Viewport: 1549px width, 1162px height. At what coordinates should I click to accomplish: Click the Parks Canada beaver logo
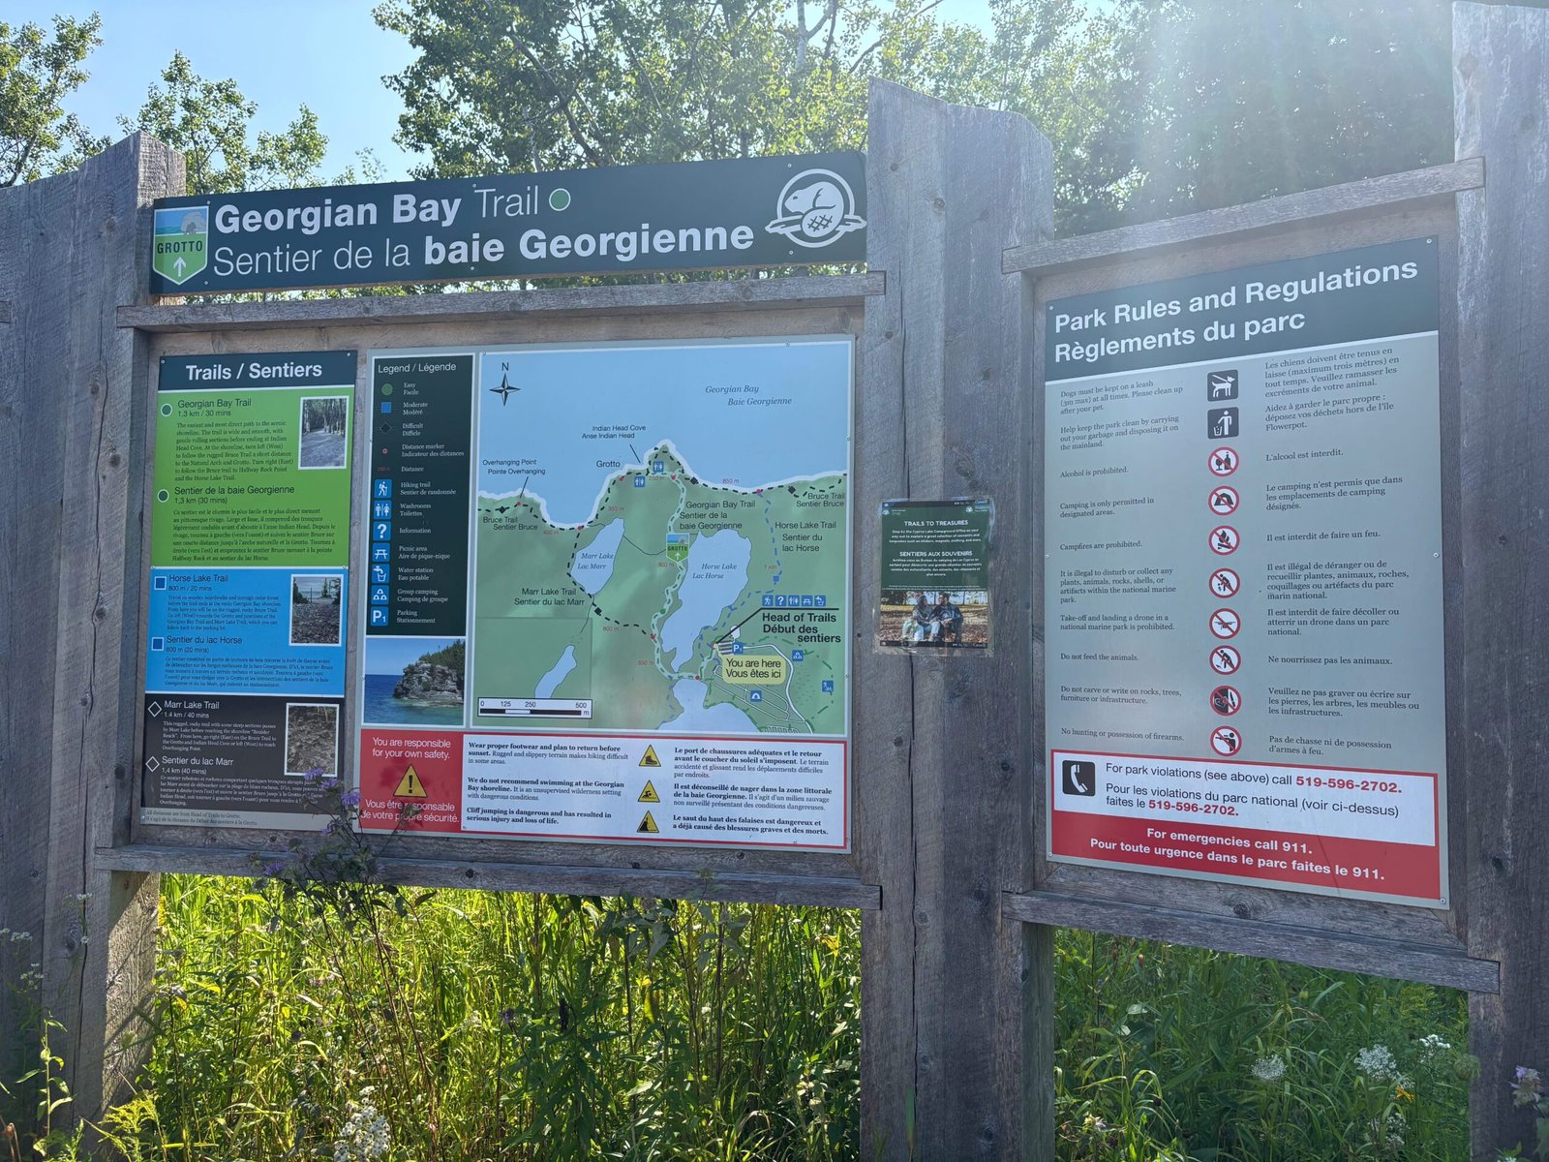pos(815,208)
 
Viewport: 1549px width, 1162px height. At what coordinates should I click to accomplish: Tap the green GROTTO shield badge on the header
pos(180,244)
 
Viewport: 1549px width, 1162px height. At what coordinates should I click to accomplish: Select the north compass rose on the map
pos(504,387)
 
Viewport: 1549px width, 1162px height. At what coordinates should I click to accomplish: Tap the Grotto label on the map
pos(608,464)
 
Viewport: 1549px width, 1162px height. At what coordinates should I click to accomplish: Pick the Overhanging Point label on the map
pos(512,467)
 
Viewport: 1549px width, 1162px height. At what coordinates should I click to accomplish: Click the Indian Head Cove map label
pos(620,432)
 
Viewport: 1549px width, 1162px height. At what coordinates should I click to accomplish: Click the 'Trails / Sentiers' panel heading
pos(254,371)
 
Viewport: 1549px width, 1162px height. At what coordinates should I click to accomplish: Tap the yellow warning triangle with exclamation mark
pos(410,780)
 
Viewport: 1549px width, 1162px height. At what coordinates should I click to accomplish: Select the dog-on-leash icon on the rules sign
pos(1222,384)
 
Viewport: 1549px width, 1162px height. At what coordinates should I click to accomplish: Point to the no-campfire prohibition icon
pos(1224,539)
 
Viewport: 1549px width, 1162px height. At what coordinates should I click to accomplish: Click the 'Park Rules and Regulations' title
pos(1234,310)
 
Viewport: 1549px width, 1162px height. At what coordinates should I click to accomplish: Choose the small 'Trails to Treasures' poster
pos(934,576)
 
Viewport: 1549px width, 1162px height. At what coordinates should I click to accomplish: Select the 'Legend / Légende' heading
pos(416,368)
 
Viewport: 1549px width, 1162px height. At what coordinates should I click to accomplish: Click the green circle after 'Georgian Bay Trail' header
pos(560,200)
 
